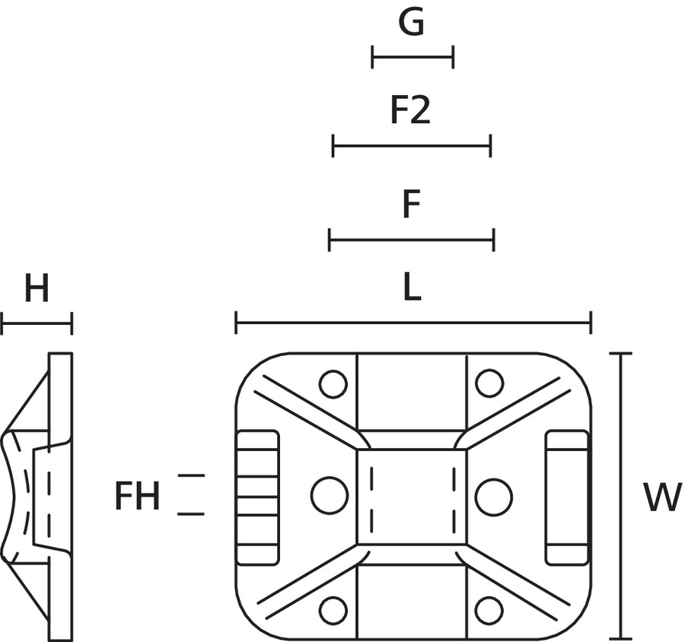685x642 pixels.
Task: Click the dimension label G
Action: pyautogui.click(x=411, y=24)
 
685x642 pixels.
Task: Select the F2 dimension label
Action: pyautogui.click(x=410, y=112)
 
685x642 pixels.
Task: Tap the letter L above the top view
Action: pyautogui.click(x=412, y=288)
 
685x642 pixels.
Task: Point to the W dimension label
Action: pyautogui.click(x=661, y=497)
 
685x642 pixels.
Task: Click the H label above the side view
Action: pyautogui.click(x=37, y=290)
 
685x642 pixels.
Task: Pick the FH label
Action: pyautogui.click(x=137, y=497)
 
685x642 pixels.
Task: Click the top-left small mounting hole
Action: pyautogui.click(x=333, y=384)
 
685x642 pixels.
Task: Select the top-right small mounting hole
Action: pyautogui.click(x=489, y=383)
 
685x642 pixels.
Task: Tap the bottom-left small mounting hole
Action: pyautogui.click(x=333, y=610)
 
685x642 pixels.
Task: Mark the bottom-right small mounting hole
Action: pyautogui.click(x=489, y=610)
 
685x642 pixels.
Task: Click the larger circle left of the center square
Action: pyautogui.click(x=330, y=495)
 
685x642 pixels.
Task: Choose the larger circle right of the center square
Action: pyautogui.click(x=493, y=496)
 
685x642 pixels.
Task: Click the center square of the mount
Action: pyautogui.click(x=412, y=496)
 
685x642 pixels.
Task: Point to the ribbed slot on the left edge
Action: pyautogui.click(x=258, y=497)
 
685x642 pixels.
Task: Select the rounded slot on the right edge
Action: pyautogui.click(x=567, y=497)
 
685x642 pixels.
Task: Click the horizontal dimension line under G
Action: pyautogui.click(x=413, y=57)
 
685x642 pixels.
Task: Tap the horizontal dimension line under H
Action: pyautogui.click(x=37, y=323)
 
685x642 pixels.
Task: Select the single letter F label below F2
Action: pyautogui.click(x=411, y=205)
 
